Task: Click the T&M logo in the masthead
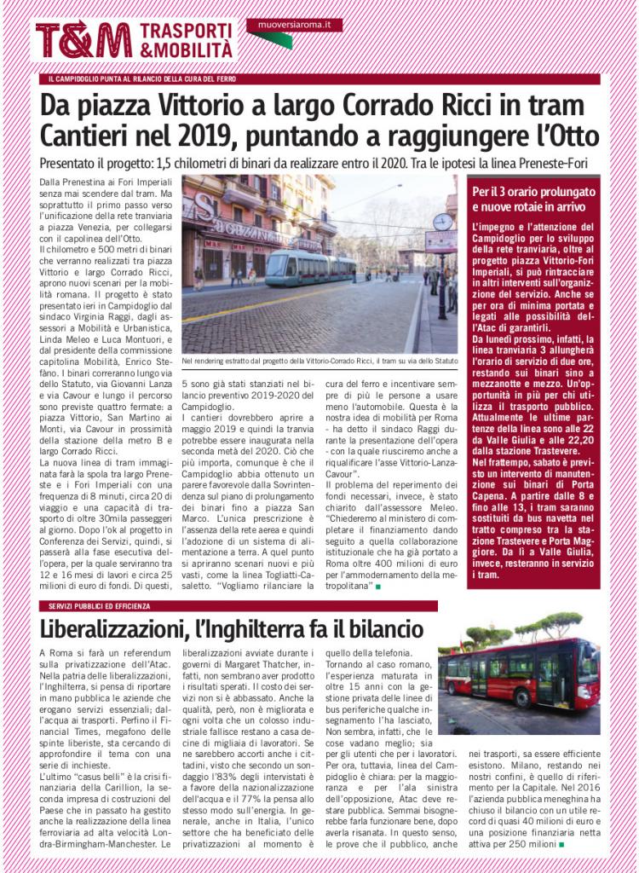[83, 39]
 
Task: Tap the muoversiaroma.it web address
[293, 26]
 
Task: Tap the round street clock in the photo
[442, 223]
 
